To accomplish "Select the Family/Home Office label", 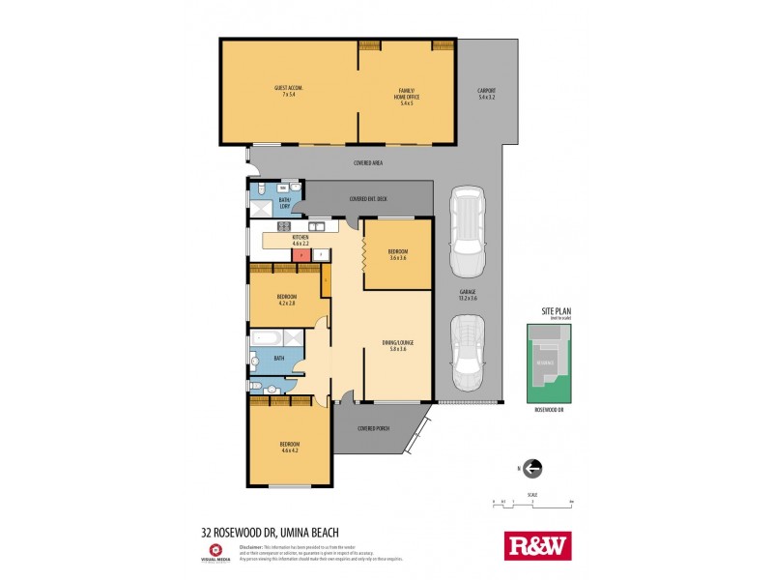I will [x=406, y=98].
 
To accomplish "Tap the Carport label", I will [x=486, y=94].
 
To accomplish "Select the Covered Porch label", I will [x=373, y=428].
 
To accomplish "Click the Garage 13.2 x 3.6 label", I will [x=468, y=294].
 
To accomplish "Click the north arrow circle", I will [x=532, y=469].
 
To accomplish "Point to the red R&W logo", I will [x=538, y=546].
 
